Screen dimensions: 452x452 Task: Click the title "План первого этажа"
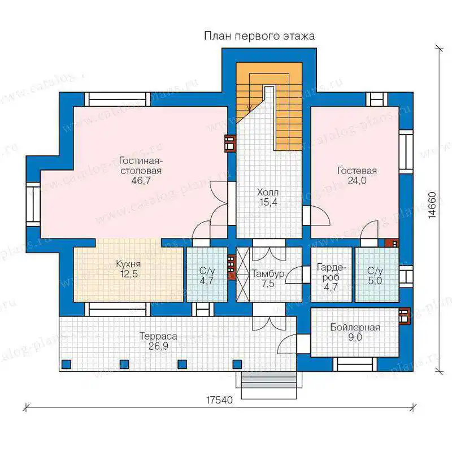click(259, 36)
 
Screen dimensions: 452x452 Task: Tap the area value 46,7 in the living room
click(141, 181)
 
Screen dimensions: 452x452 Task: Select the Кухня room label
click(128, 264)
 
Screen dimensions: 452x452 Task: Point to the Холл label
click(268, 192)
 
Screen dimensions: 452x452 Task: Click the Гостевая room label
click(357, 171)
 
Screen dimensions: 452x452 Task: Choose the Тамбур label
click(268, 273)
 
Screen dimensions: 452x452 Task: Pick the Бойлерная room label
click(355, 328)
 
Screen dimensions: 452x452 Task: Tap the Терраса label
click(158, 336)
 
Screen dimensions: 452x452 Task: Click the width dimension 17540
click(219, 400)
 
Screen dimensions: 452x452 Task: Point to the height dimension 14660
click(432, 205)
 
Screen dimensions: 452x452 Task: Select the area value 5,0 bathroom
click(375, 280)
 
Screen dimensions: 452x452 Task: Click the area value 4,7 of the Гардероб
click(331, 288)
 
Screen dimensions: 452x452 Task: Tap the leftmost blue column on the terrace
click(66, 364)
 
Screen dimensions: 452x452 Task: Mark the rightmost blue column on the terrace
click(237, 364)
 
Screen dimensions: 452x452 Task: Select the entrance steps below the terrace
click(269, 385)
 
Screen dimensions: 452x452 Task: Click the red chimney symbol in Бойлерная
click(404, 316)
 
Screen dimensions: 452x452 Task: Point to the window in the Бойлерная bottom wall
click(355, 364)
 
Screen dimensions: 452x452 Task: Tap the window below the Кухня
click(118, 309)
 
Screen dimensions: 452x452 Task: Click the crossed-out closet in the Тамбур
click(243, 275)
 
